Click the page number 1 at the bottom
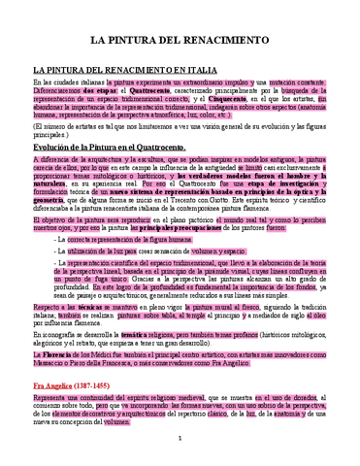tap(180, 448)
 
